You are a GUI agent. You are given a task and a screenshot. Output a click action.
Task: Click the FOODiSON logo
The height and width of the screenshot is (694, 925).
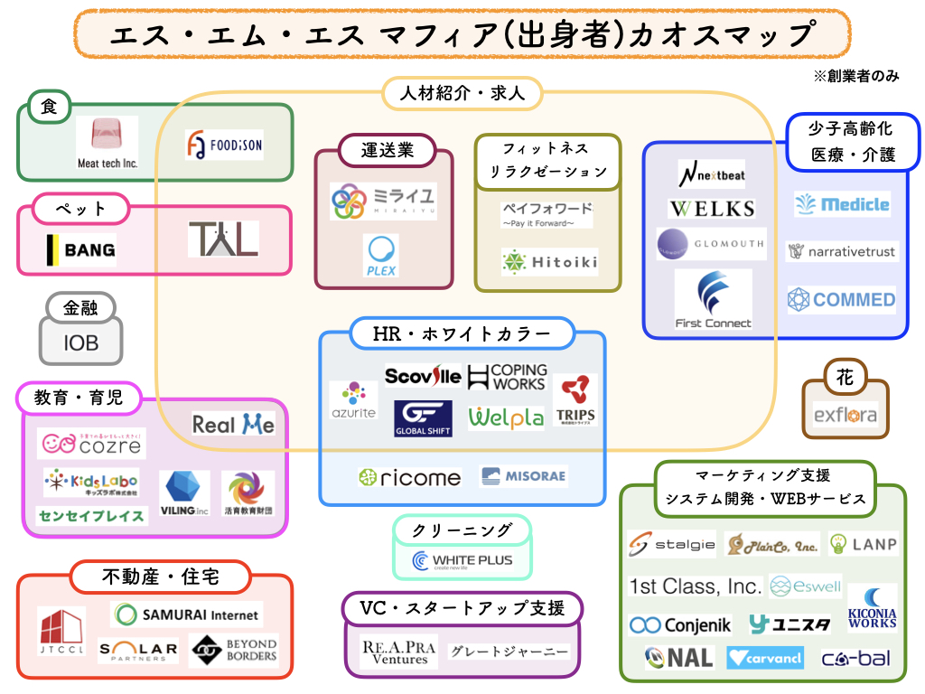click(x=224, y=145)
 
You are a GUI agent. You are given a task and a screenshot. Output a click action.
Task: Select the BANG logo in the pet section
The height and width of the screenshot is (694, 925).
click(x=80, y=250)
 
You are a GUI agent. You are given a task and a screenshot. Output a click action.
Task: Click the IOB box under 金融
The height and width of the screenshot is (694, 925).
click(x=80, y=343)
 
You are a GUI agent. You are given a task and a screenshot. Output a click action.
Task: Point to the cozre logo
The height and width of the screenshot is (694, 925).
click(x=91, y=443)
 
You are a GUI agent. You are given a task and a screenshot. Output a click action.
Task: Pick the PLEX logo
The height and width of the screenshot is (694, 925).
click(x=381, y=256)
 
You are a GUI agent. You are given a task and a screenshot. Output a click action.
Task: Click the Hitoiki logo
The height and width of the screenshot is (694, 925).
click(x=549, y=262)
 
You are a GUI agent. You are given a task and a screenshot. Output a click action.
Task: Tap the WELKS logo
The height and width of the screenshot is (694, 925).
click(x=712, y=209)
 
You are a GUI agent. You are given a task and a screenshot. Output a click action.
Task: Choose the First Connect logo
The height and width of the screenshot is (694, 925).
click(x=713, y=299)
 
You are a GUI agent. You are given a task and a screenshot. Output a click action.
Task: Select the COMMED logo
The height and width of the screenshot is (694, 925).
click(x=841, y=299)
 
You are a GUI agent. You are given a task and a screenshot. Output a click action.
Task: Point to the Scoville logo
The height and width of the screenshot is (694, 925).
click(x=423, y=376)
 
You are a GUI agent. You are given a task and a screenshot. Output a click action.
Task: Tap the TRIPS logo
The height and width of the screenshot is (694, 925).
click(x=575, y=400)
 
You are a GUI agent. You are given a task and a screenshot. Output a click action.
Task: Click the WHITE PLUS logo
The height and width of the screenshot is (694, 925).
click(x=462, y=561)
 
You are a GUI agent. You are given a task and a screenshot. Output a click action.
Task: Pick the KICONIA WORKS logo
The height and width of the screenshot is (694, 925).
click(x=872, y=607)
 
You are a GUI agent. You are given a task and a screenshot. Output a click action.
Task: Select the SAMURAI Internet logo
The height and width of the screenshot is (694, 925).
click(x=187, y=614)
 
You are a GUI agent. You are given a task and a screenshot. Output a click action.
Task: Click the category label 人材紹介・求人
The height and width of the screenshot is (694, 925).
click(x=462, y=92)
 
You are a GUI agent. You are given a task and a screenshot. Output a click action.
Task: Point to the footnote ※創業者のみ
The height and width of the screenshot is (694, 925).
click(x=856, y=76)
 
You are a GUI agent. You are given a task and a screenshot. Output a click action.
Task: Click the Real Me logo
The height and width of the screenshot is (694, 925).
click(x=233, y=424)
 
